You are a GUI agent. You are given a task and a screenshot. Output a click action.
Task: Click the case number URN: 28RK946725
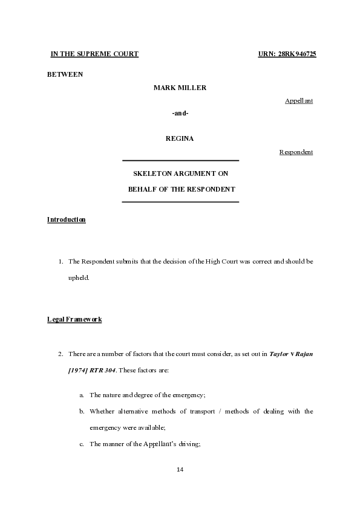287,54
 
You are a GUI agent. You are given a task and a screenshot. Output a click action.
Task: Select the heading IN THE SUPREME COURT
94,54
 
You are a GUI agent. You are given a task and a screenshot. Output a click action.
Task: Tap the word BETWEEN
65,74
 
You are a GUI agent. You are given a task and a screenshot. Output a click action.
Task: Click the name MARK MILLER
180,88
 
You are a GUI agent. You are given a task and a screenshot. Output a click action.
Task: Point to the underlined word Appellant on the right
299,100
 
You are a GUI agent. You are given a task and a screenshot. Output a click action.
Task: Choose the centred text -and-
180,113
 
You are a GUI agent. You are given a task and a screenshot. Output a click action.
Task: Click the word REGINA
180,139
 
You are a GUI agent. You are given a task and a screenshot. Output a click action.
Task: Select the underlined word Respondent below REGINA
296,152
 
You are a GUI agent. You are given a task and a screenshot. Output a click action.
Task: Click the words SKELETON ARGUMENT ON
180,173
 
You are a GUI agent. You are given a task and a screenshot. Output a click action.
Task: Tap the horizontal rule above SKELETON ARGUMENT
180,161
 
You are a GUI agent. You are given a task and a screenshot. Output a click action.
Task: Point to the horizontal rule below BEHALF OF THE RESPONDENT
180,201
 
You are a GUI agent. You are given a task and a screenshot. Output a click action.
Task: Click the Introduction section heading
67,219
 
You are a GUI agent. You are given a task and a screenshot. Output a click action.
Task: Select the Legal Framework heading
74,319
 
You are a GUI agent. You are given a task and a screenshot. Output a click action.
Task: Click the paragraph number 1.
61,262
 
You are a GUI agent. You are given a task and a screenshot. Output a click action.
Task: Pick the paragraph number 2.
61,353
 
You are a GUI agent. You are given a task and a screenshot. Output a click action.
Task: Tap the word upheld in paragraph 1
79,277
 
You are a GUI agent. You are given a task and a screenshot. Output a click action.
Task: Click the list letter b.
82,412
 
